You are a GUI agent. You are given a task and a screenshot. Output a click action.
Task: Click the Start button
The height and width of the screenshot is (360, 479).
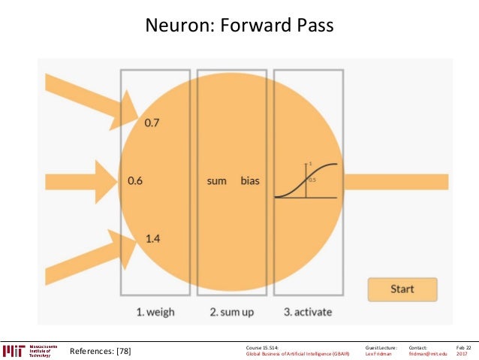[402, 289]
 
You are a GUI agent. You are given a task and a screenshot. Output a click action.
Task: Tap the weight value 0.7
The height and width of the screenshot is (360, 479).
[152, 122]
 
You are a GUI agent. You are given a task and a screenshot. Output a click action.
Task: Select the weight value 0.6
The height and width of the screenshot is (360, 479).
[135, 181]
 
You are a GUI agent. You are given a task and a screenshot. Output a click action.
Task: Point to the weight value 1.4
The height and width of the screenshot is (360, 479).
[152, 239]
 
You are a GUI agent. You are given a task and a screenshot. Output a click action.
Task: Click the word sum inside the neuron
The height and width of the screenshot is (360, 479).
[217, 181]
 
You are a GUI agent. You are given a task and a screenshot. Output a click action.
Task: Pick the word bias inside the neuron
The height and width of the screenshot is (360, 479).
[250, 181]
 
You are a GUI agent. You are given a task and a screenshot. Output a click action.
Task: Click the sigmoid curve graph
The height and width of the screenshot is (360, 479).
[307, 180]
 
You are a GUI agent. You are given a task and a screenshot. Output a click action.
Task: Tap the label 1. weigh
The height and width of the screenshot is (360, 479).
[156, 311]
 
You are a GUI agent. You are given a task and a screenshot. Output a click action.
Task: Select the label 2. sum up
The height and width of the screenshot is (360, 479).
[232, 311]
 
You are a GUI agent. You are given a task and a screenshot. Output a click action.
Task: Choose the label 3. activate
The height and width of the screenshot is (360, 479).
[308, 311]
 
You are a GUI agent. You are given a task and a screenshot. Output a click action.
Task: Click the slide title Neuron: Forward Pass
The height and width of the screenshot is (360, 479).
[239, 26]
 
